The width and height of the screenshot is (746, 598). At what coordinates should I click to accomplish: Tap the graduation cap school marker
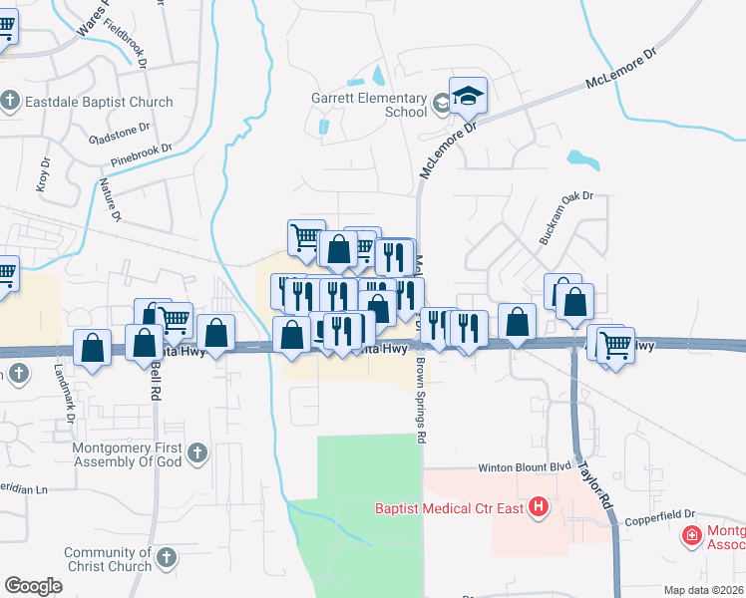(468, 97)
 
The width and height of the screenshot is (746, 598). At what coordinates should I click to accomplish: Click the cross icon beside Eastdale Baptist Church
(10, 101)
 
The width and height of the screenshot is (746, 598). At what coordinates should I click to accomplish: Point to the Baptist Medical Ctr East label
(450, 508)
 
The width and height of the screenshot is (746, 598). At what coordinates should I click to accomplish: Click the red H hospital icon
(540, 507)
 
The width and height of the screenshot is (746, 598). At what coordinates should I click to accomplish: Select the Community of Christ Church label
(106, 560)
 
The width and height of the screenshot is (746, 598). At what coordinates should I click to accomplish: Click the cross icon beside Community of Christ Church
(166, 556)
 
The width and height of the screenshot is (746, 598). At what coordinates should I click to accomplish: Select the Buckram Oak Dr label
(565, 219)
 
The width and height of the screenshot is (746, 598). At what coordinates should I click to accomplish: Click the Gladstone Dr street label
(119, 133)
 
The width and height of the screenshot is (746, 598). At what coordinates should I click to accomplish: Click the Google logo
(33, 586)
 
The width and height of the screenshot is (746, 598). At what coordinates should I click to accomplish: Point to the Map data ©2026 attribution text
(701, 590)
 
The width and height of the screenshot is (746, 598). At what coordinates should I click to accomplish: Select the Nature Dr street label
(110, 199)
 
